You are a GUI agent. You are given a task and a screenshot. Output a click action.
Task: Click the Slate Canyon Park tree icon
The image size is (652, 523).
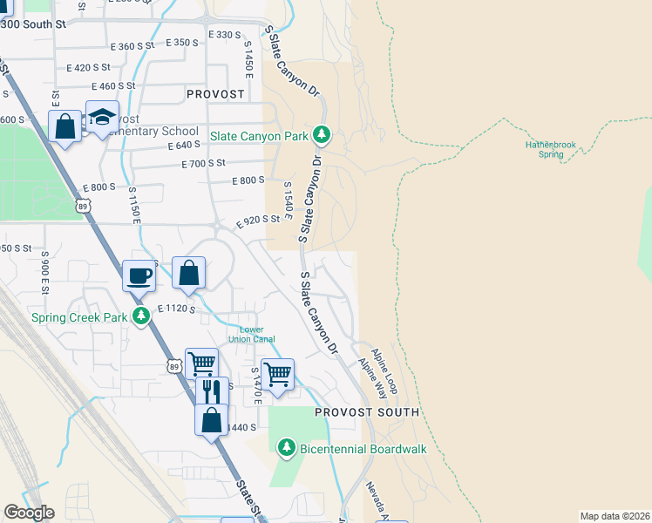coord(323,135)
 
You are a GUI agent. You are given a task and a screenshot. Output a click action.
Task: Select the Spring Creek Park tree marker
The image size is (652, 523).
coord(140,317)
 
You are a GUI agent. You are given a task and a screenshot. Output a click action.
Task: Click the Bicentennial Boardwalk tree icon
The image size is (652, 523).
coord(286,448)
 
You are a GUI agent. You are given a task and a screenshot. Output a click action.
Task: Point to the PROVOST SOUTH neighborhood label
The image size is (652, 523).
coord(366,411)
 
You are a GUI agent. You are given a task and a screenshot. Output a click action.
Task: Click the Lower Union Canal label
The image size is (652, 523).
coord(252,335)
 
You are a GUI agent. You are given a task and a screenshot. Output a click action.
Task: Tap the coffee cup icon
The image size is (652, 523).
coord(139,275)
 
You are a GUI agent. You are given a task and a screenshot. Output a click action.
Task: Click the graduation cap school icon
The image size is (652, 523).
coord(102,118)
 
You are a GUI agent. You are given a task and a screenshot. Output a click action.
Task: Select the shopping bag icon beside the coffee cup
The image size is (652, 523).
coord(188,273)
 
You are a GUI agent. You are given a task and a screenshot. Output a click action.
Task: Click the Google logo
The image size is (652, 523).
coord(29,513)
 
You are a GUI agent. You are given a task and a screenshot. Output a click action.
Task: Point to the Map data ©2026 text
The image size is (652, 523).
coord(615,516)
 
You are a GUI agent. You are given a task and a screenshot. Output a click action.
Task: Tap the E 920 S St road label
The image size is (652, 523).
coord(258,221)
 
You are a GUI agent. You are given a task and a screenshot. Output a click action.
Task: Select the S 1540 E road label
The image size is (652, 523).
coord(287,196)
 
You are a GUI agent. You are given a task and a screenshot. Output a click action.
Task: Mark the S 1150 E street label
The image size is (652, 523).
coord(134,204)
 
